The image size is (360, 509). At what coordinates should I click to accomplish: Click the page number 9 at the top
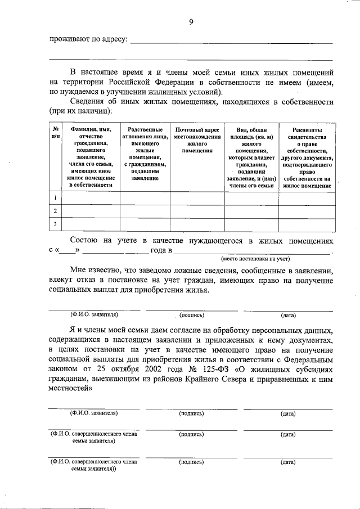[191, 22]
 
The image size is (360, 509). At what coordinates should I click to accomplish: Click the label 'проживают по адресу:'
[88, 40]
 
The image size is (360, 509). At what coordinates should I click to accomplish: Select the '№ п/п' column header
[55, 133]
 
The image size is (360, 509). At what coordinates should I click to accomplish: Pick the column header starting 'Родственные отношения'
[145, 153]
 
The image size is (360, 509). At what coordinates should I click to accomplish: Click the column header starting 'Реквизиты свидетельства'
[307, 157]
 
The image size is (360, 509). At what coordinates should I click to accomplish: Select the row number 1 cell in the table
[55, 198]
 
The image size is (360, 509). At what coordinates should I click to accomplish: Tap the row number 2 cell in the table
[55, 211]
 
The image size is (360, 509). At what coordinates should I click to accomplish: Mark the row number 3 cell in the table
[55, 224]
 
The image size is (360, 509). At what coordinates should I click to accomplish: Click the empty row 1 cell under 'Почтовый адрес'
[197, 198]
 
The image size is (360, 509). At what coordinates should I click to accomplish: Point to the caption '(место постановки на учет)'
[255, 259]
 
